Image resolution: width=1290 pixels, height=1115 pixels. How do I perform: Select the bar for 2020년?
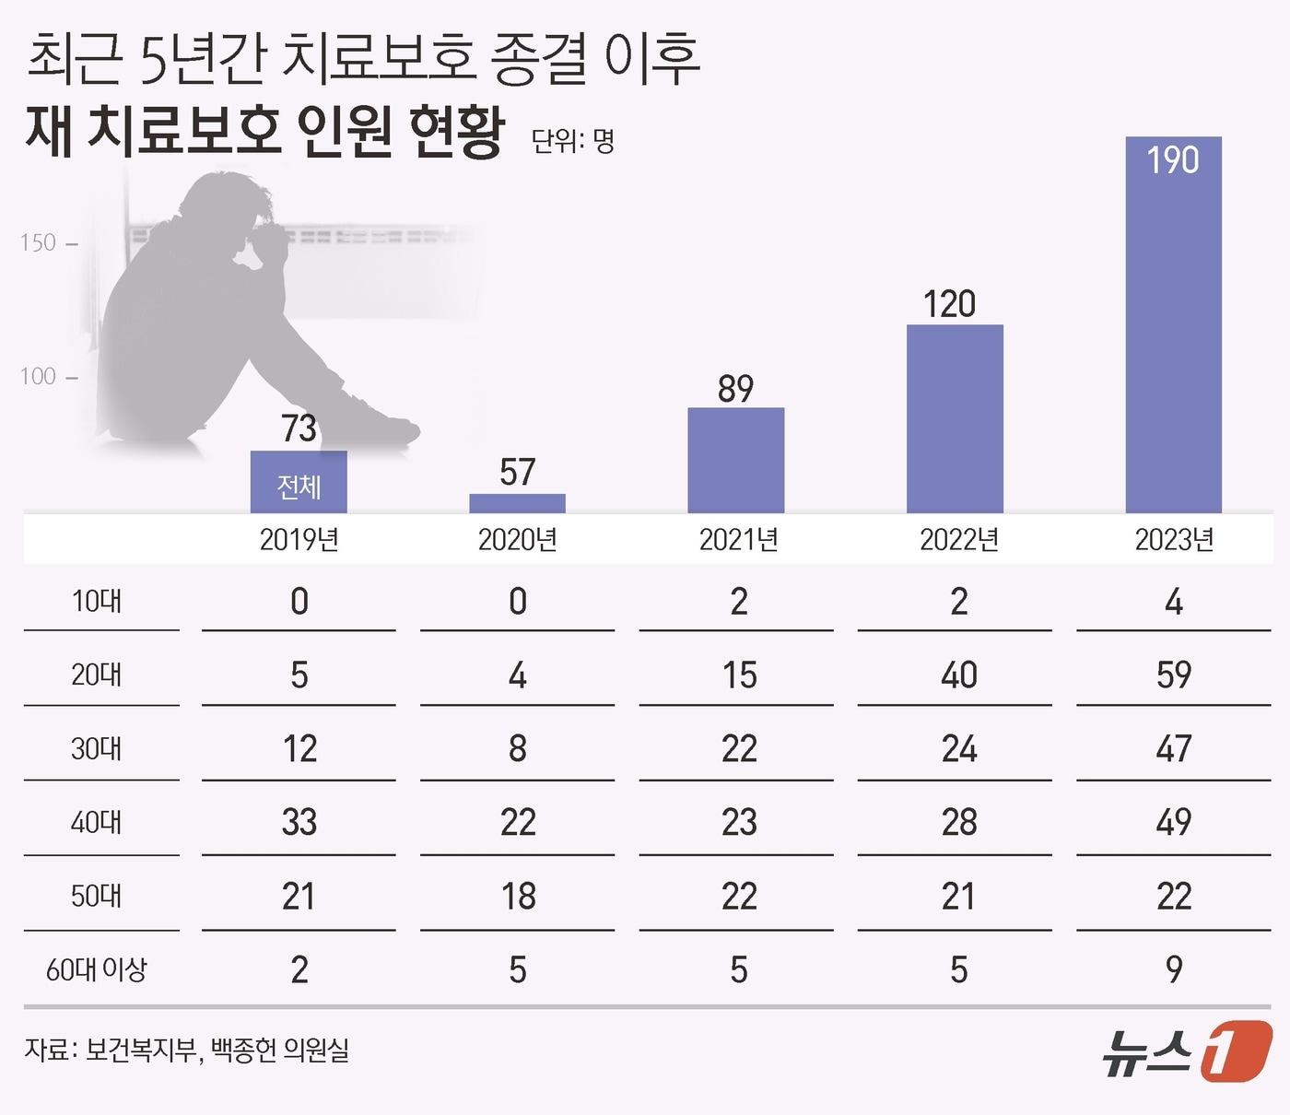pyautogui.click(x=517, y=503)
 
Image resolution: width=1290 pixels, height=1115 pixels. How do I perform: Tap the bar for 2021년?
pyautogui.click(x=735, y=460)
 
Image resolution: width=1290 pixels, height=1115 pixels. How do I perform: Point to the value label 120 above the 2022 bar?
pyautogui.click(x=949, y=304)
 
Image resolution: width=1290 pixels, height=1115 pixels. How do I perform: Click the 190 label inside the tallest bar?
pyautogui.click(x=1173, y=160)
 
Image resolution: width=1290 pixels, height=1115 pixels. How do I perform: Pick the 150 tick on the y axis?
pyautogui.click(x=39, y=243)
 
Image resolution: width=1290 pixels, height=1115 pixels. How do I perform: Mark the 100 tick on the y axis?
pyautogui.click(x=39, y=376)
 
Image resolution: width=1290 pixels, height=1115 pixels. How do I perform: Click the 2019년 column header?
pyautogui.click(x=299, y=539)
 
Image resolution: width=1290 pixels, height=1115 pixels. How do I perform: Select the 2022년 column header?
pyautogui.click(x=958, y=539)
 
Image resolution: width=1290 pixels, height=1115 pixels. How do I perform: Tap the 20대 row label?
pyautogui.click(x=97, y=675)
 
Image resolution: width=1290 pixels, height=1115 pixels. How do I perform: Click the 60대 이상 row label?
pyautogui.click(x=97, y=969)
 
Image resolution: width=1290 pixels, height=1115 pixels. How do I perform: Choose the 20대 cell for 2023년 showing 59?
pyautogui.click(x=1173, y=675)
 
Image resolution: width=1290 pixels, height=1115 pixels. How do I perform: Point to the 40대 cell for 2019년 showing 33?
pyautogui.click(x=299, y=822)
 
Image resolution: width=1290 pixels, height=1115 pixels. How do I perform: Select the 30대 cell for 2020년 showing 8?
pyautogui.click(x=517, y=748)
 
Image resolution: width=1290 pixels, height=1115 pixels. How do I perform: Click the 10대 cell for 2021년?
pyautogui.click(x=738, y=602)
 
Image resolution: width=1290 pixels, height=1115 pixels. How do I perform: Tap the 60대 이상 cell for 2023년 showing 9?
pyautogui.click(x=1173, y=969)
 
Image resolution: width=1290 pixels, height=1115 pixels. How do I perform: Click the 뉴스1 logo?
pyautogui.click(x=1187, y=1051)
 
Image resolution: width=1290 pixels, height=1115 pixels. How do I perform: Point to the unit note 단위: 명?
pyautogui.click(x=572, y=141)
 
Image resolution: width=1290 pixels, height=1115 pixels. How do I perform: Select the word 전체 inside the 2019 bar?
pyautogui.click(x=299, y=487)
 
